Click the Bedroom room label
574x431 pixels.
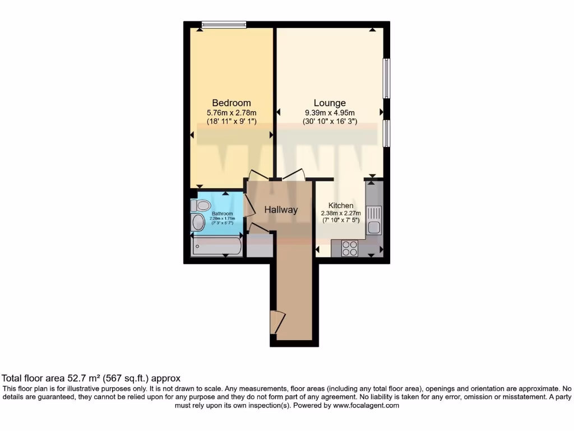(231, 103)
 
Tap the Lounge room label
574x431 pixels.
(329, 103)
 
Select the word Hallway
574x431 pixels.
(281, 210)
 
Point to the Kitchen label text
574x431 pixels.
(340, 205)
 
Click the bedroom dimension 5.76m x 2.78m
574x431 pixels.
(231, 112)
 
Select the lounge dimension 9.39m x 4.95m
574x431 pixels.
(329, 112)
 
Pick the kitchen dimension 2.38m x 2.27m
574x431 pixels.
(340, 213)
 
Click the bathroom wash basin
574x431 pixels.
(198, 223)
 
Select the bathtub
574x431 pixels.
(216, 246)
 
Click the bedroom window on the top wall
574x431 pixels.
(224, 24)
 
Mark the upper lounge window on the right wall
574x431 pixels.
(387, 79)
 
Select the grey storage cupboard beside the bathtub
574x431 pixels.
(259, 246)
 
